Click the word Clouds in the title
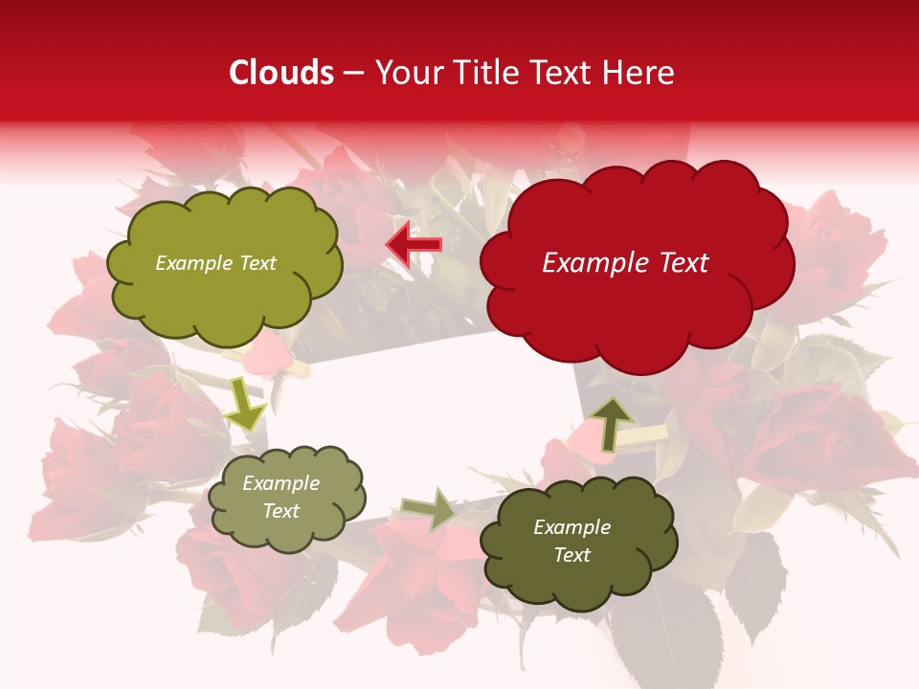281,73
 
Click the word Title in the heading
484,73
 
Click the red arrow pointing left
414,245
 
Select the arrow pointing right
429,509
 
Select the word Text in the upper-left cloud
258,263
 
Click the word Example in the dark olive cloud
572,527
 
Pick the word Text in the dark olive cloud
572,555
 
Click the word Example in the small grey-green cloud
280,483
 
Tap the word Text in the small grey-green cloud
280,511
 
